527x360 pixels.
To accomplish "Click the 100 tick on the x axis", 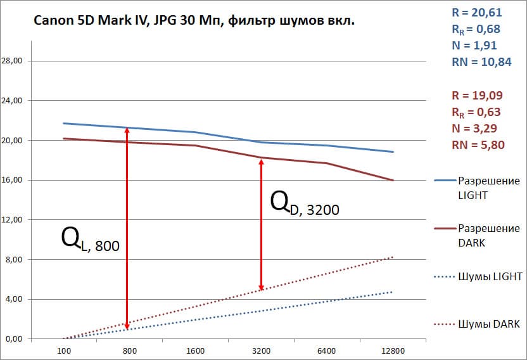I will [63, 350].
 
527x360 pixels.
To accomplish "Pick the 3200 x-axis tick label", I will [261, 350].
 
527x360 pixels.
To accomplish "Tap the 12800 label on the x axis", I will [393, 350].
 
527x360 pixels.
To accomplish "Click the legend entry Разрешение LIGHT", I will [488, 188].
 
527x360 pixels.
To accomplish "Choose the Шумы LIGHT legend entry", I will [488, 276].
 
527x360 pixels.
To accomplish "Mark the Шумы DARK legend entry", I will [488, 324].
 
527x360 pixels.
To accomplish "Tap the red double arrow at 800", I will [127, 228].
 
